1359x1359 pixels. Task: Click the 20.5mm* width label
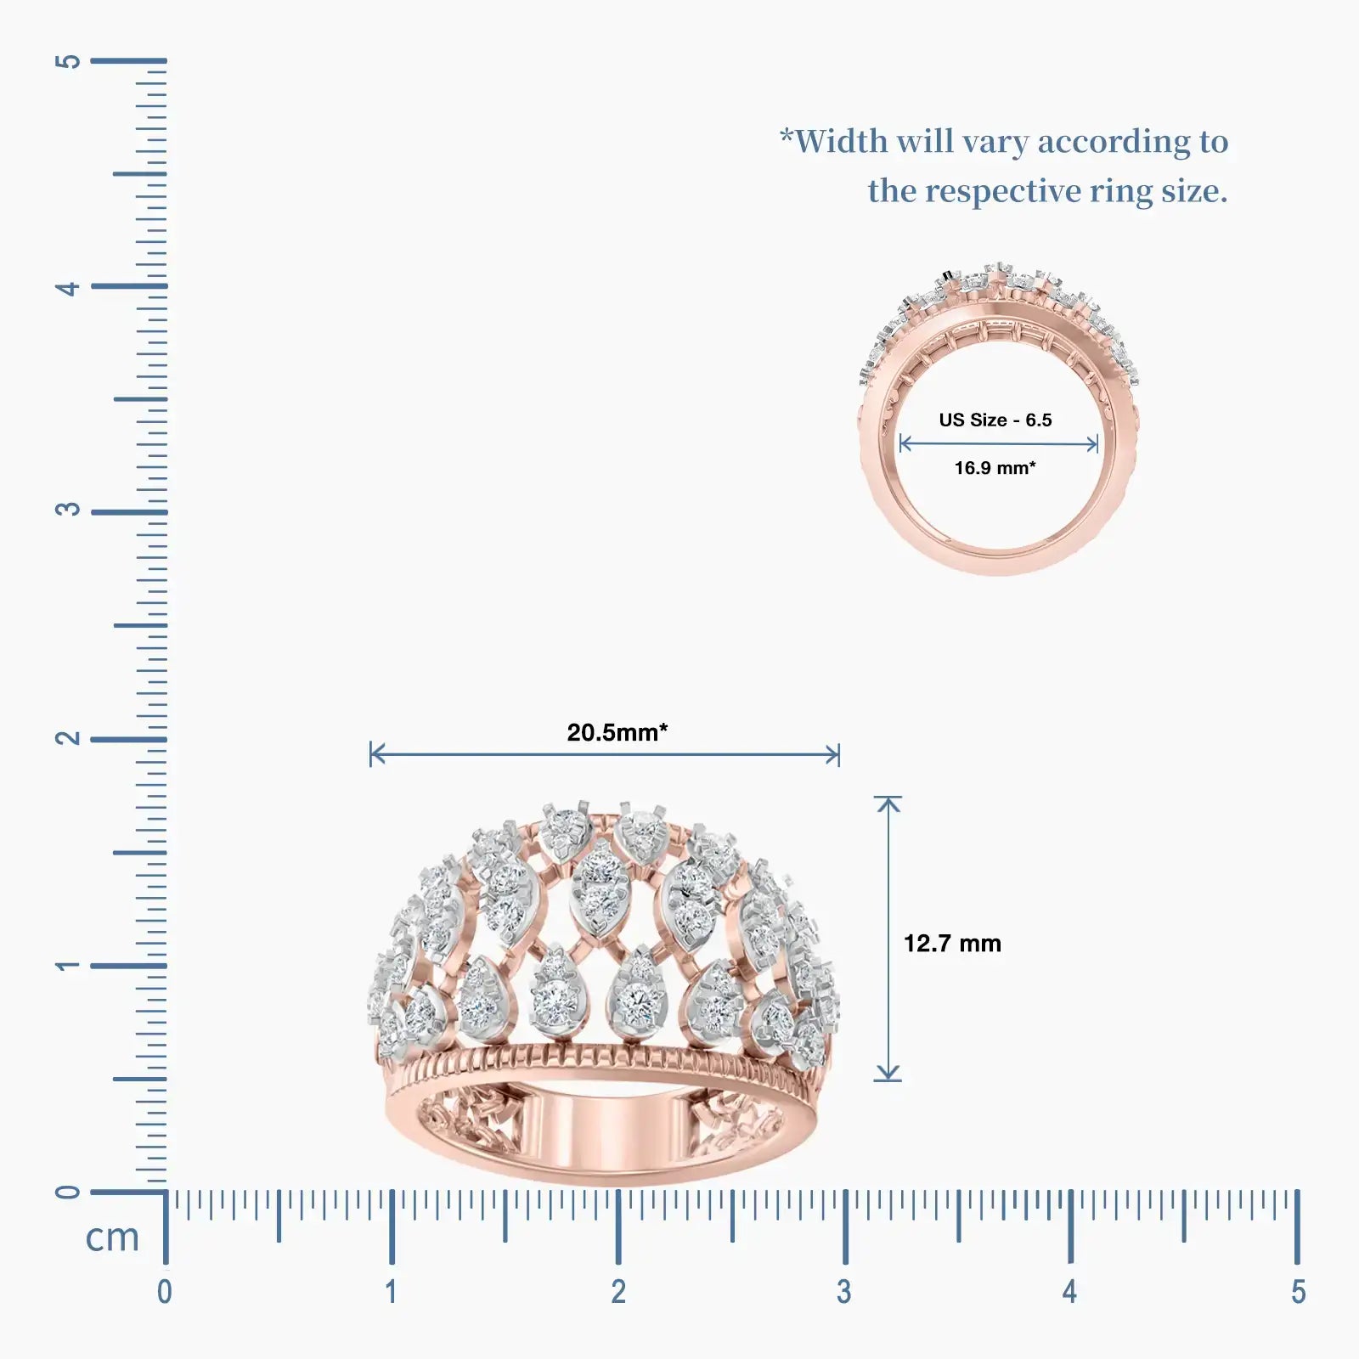(617, 732)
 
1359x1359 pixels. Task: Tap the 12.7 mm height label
(952, 943)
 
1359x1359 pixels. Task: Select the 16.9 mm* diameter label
(995, 468)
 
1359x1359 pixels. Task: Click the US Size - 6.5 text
(995, 420)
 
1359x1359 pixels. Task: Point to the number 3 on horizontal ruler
(843, 1292)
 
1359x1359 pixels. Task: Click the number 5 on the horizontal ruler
(1298, 1292)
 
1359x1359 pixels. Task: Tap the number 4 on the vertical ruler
(68, 288)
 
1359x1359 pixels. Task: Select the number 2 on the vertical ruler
(68, 737)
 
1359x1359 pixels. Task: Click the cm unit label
(112, 1238)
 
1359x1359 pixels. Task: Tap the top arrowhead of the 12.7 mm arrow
(888, 802)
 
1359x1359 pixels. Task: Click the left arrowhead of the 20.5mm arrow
(376, 753)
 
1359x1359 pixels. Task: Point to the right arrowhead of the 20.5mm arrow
(833, 754)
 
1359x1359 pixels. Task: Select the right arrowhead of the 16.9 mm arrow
(1093, 443)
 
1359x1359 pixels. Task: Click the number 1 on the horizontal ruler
(391, 1292)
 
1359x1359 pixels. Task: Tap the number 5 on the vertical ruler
(68, 61)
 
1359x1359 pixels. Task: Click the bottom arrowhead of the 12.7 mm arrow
(888, 1074)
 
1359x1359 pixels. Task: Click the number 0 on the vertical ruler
(68, 1192)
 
